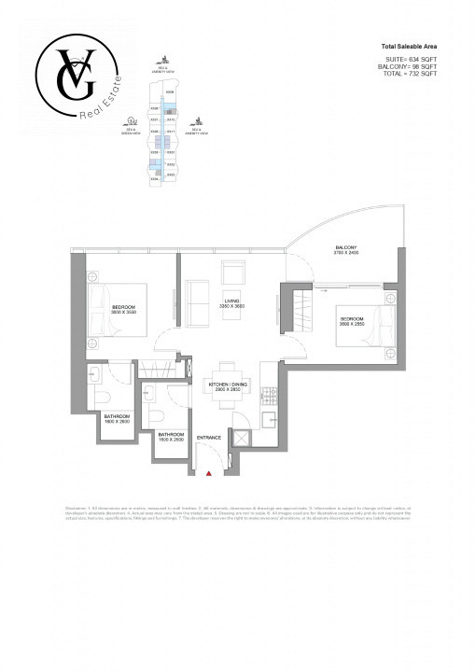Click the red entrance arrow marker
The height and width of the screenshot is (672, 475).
(209, 474)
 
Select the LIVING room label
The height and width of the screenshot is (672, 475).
(232, 304)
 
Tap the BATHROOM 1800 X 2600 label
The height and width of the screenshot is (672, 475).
(117, 418)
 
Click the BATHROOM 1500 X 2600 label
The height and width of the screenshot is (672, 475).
(171, 437)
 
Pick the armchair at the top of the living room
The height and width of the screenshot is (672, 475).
(233, 273)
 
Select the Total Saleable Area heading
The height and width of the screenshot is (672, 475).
(409, 46)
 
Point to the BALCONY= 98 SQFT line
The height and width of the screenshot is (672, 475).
(409, 66)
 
